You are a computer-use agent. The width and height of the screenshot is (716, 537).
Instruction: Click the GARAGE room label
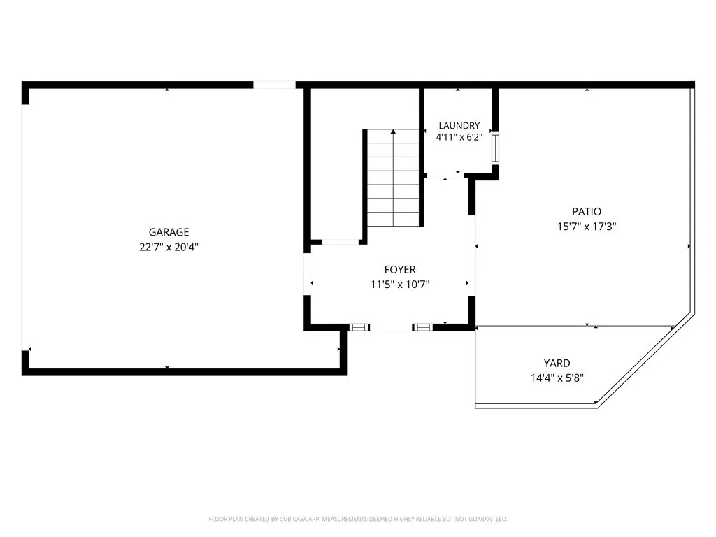point(169,232)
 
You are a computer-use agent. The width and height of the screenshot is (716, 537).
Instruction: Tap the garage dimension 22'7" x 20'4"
point(169,247)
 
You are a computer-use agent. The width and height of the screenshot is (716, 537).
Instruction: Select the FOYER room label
point(400,269)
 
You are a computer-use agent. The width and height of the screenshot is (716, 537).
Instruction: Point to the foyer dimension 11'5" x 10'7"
point(400,285)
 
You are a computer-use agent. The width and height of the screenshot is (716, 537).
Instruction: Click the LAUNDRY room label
point(459,126)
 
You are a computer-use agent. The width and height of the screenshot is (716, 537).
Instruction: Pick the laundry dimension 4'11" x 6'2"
point(459,138)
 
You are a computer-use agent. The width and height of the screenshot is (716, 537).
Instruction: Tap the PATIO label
point(587,211)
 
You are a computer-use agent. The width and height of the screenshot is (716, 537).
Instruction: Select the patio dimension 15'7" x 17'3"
point(587,226)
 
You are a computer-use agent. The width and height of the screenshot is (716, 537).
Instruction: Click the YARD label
point(557,363)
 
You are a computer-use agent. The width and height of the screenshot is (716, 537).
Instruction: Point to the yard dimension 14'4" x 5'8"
point(557,378)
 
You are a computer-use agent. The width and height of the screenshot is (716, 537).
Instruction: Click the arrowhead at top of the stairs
point(393,132)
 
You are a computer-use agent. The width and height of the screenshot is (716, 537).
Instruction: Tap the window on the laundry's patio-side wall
point(495,148)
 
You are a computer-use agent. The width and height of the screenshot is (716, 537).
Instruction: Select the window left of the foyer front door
point(359,327)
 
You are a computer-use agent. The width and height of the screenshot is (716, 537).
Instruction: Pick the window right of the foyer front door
point(423,327)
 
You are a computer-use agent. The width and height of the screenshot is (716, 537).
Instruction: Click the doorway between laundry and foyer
point(445,176)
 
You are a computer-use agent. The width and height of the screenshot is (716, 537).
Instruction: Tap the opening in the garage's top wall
point(274,85)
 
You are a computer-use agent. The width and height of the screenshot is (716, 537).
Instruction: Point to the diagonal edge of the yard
point(646,360)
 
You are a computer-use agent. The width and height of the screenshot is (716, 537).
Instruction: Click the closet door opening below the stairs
point(341,241)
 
